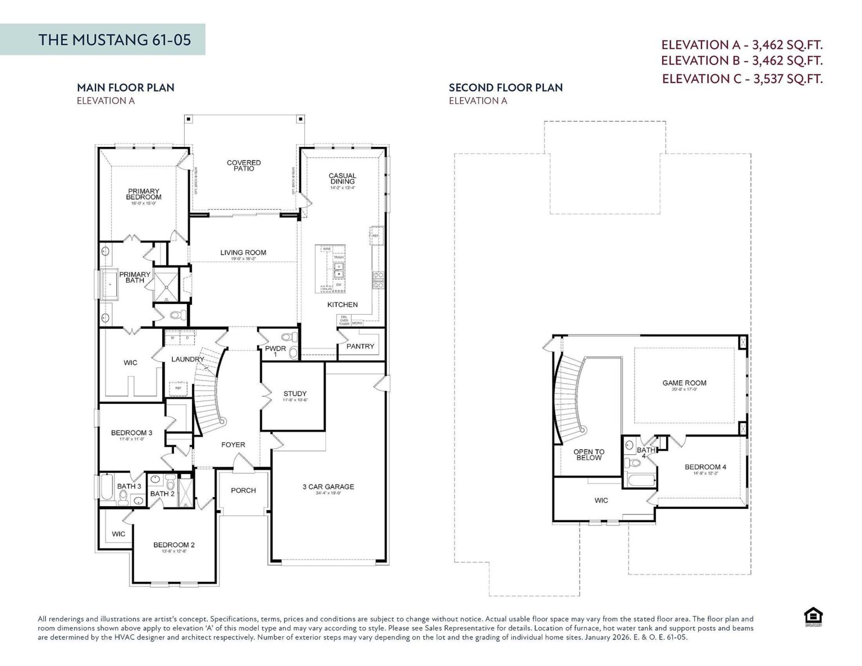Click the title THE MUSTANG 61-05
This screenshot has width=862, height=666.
pyautogui.click(x=114, y=39)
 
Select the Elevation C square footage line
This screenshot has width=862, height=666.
pyautogui.click(x=742, y=79)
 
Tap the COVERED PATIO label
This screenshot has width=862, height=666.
pyautogui.click(x=244, y=166)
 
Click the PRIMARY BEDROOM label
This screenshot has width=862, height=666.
pyautogui.click(x=143, y=194)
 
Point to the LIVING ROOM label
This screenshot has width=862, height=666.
pyautogui.click(x=243, y=252)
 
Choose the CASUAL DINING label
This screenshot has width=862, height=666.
pyautogui.click(x=342, y=179)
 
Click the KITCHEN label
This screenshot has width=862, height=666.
pyautogui.click(x=342, y=305)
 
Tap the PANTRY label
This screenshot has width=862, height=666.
pyautogui.click(x=360, y=346)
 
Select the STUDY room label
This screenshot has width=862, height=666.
pyautogui.click(x=295, y=394)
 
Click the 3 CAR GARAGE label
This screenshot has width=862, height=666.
pyautogui.click(x=328, y=486)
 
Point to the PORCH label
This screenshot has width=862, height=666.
pyautogui.click(x=243, y=490)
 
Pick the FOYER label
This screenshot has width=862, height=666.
pyautogui.click(x=233, y=445)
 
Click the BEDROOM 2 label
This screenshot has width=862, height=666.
pyautogui.click(x=174, y=545)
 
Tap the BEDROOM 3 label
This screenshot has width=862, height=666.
pyautogui.click(x=131, y=433)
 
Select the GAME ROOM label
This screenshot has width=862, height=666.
pyautogui.click(x=684, y=383)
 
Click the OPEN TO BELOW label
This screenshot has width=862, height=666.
pyautogui.click(x=589, y=454)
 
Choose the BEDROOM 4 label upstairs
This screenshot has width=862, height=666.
pyautogui.click(x=705, y=467)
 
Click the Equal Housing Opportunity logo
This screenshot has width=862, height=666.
pyautogui.click(x=813, y=617)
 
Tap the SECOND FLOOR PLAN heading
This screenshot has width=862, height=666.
pyautogui.click(x=505, y=88)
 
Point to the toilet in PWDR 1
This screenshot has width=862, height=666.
pyautogui.click(x=289, y=338)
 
